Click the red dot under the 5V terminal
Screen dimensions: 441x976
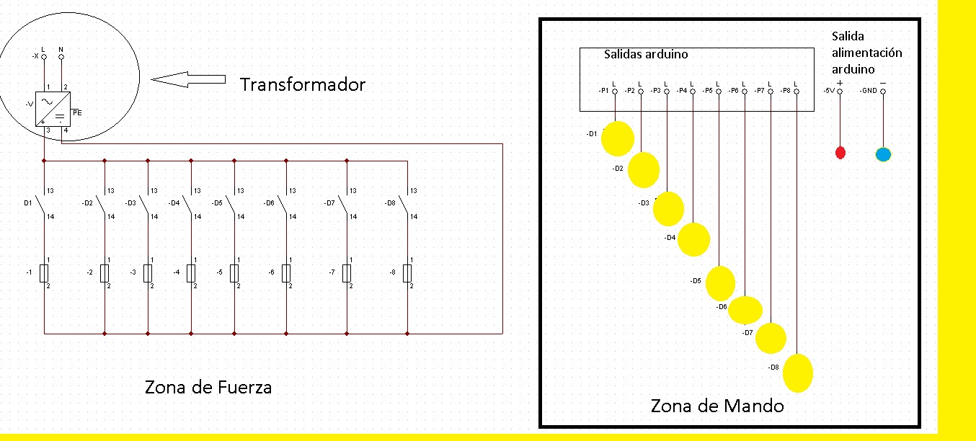click(x=840, y=152)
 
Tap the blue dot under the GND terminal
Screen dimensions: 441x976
click(x=883, y=153)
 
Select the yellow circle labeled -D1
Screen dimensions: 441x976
click(x=618, y=138)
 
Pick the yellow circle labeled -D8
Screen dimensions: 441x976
click(x=798, y=373)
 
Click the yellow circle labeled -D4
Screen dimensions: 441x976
click(x=694, y=239)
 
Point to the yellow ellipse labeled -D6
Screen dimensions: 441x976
click(x=745, y=310)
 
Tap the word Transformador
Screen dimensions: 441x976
click(x=303, y=84)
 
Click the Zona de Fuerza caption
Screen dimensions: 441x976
click(x=208, y=387)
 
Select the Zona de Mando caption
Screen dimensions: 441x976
click(x=717, y=406)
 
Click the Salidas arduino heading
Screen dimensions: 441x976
click(x=646, y=54)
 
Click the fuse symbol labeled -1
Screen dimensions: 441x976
click(x=45, y=273)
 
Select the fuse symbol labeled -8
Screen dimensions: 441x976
click(x=407, y=273)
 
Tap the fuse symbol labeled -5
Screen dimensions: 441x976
click(x=234, y=273)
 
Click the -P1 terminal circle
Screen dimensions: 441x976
click(x=615, y=92)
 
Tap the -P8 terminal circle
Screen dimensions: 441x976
click(x=796, y=92)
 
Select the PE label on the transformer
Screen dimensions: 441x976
click(x=77, y=113)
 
